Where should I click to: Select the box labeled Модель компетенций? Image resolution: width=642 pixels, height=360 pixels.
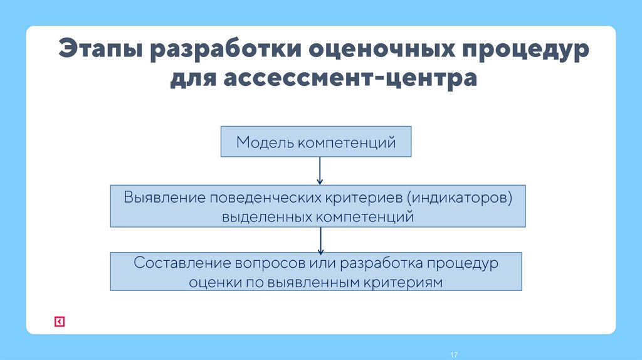[316, 142]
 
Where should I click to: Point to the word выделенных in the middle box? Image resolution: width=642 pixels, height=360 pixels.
[266, 217]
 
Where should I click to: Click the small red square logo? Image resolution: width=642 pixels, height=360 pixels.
[59, 322]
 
